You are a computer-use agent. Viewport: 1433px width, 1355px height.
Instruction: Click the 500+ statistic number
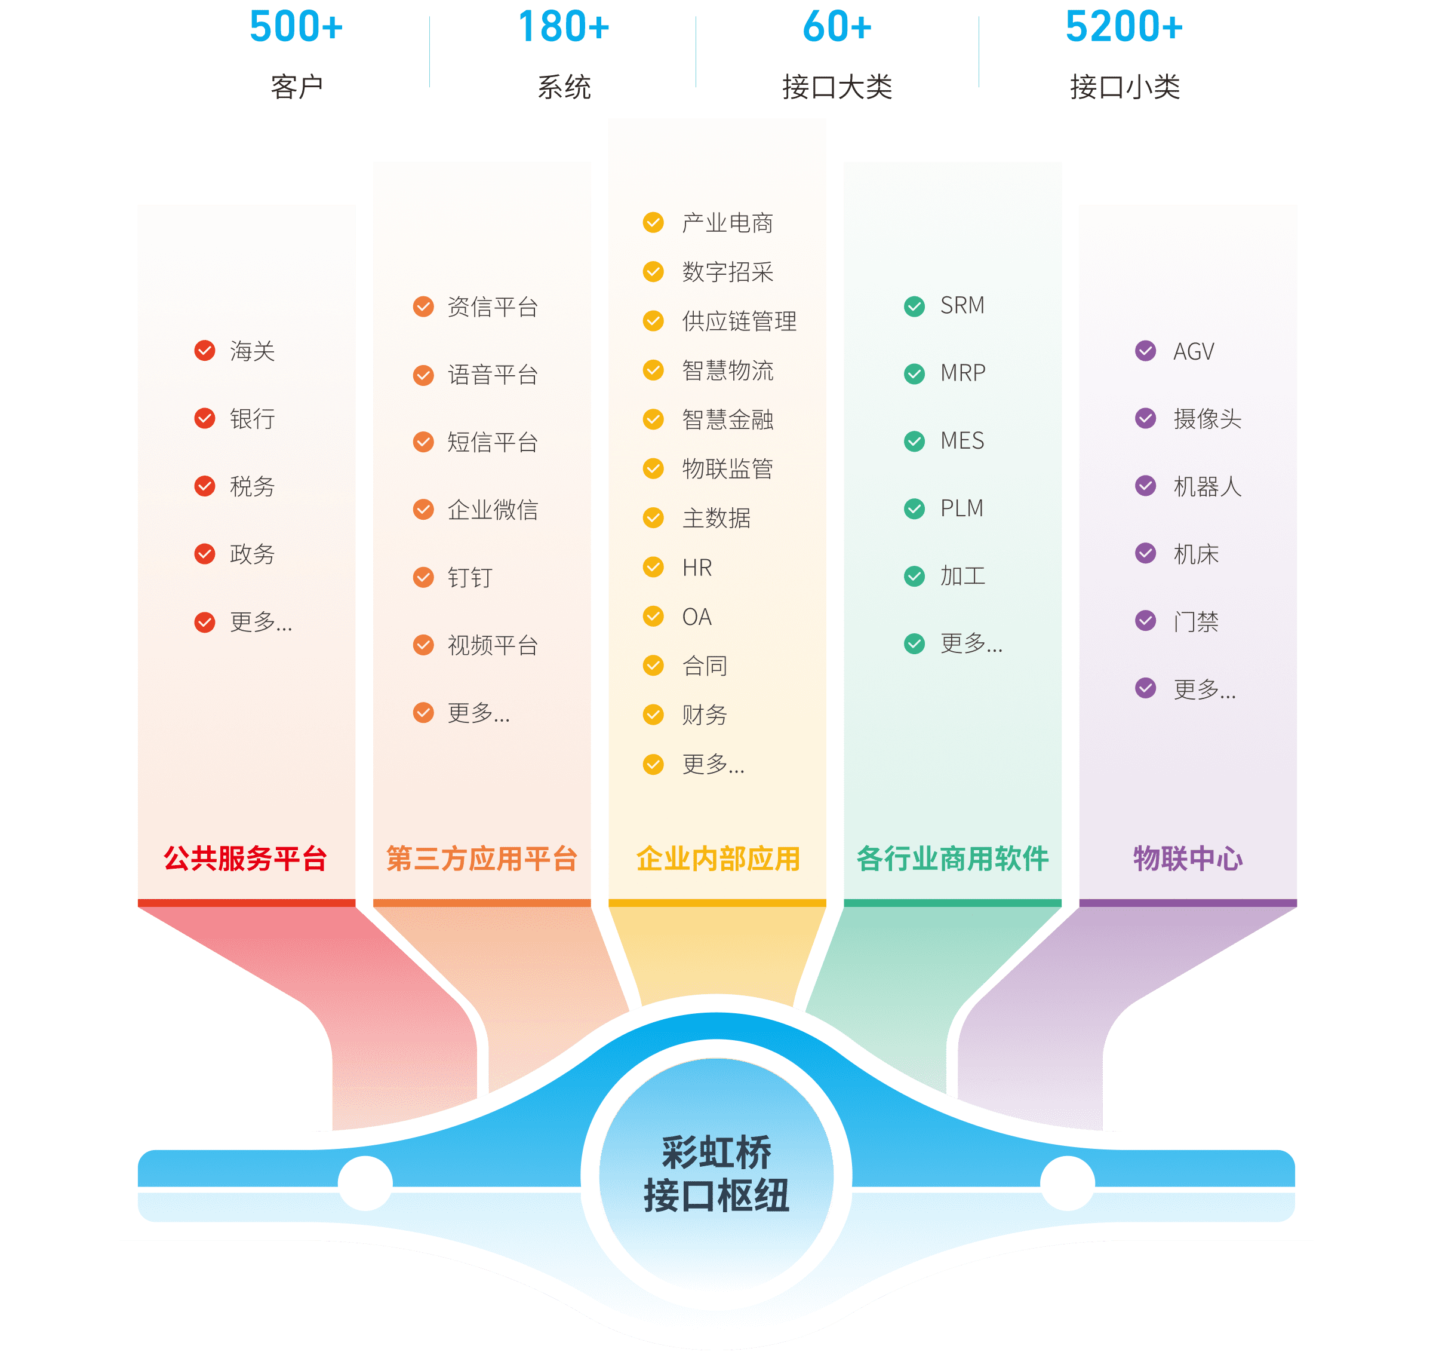tap(296, 27)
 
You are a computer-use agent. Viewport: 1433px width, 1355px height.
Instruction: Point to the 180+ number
tap(564, 27)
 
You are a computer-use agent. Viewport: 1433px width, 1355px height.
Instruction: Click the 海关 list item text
tap(252, 352)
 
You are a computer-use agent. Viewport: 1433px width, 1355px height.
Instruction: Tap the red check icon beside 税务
tap(205, 486)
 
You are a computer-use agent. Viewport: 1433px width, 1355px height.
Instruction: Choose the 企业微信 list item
tap(493, 510)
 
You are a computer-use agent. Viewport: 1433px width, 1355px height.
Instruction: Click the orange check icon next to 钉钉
tap(424, 578)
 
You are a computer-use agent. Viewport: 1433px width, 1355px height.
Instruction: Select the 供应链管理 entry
tap(739, 321)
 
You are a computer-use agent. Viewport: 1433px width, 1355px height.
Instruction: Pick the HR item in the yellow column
tap(697, 568)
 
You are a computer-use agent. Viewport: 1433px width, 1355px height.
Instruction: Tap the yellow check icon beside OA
tap(653, 617)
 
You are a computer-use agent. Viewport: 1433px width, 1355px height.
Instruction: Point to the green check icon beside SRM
tap(915, 306)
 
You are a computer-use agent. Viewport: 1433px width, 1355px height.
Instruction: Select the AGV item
tap(1194, 352)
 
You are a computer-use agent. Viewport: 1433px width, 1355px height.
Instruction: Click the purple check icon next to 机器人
tap(1146, 486)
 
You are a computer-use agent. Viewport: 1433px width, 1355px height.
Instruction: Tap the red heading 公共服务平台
tap(245, 859)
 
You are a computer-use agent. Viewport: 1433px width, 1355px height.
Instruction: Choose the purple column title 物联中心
tap(1188, 859)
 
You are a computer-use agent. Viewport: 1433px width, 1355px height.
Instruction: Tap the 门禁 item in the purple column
tap(1195, 622)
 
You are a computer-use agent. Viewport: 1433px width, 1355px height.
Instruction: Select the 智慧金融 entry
tap(728, 419)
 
